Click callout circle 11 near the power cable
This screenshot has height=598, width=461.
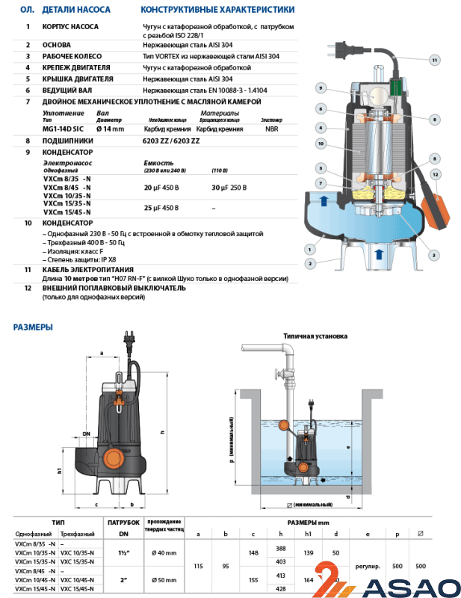pos(435,59)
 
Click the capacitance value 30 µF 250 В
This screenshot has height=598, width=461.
pos(229,188)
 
